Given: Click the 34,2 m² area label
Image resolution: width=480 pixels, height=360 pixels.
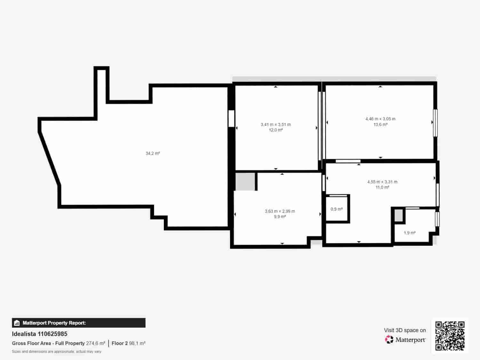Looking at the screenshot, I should [x=153, y=154].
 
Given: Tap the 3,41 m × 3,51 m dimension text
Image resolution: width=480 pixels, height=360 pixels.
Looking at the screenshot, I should [x=276, y=124].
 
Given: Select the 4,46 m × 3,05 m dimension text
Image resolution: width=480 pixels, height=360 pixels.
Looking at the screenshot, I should [x=380, y=119].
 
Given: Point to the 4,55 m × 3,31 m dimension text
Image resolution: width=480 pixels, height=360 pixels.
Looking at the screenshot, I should [x=382, y=182].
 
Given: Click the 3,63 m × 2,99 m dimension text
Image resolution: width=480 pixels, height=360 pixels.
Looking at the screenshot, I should [x=280, y=211].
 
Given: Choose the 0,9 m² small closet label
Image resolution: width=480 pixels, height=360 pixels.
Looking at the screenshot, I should [x=336, y=209].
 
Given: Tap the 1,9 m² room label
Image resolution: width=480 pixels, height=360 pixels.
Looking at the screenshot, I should [x=409, y=233].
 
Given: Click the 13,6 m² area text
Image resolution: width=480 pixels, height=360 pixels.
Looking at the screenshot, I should [x=380, y=124].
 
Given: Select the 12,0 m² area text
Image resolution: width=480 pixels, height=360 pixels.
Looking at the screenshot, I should [x=276, y=130].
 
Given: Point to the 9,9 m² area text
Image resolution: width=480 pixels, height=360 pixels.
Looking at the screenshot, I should [x=280, y=217].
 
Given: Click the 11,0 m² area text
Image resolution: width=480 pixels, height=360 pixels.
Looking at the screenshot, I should [x=382, y=188].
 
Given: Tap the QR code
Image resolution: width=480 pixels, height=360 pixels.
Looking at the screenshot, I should [x=450, y=336].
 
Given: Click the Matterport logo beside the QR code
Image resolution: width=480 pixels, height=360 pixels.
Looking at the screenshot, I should [x=405, y=340].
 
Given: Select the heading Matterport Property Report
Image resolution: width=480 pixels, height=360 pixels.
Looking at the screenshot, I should [x=54, y=323].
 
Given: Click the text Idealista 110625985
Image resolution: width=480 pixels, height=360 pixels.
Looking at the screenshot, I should [x=40, y=334].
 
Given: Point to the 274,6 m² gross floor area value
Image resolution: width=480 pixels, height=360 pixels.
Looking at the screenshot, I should [x=95, y=343].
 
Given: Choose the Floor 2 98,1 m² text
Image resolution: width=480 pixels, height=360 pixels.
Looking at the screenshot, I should [x=128, y=343].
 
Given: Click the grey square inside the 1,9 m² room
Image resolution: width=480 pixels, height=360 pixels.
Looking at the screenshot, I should [x=398, y=215].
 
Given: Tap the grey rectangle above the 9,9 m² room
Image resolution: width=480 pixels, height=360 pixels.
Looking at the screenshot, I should [x=245, y=181].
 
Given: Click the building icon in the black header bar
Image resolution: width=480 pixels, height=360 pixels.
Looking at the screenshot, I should [x=17, y=323].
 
